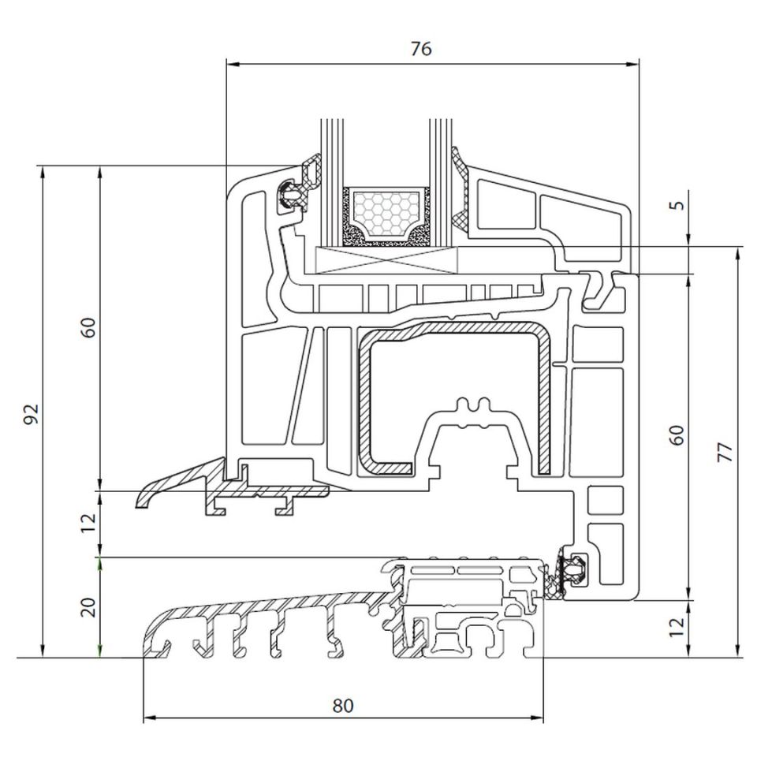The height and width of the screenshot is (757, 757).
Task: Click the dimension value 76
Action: pyautogui.click(x=421, y=49)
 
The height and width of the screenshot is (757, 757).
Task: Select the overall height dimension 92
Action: pyautogui.click(x=30, y=414)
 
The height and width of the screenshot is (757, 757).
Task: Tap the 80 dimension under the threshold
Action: pyautogui.click(x=342, y=706)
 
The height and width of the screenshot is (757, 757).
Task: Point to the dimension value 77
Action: pyautogui.click(x=725, y=452)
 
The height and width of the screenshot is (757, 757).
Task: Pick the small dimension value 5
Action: pyautogui.click(x=677, y=206)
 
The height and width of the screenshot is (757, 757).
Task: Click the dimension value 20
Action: pyautogui.click(x=88, y=606)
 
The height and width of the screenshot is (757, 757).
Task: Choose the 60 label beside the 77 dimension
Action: pyautogui.click(x=677, y=435)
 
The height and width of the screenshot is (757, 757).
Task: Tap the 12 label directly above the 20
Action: pyautogui.click(x=88, y=521)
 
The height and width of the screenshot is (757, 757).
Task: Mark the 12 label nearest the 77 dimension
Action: pyautogui.click(x=677, y=628)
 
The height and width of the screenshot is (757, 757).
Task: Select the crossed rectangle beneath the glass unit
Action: pyautogui.click(x=386, y=260)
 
